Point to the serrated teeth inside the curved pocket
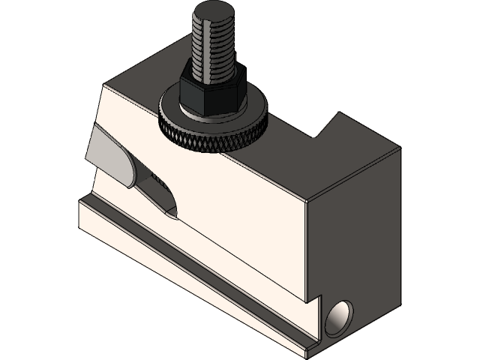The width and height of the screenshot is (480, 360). (158, 180)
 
